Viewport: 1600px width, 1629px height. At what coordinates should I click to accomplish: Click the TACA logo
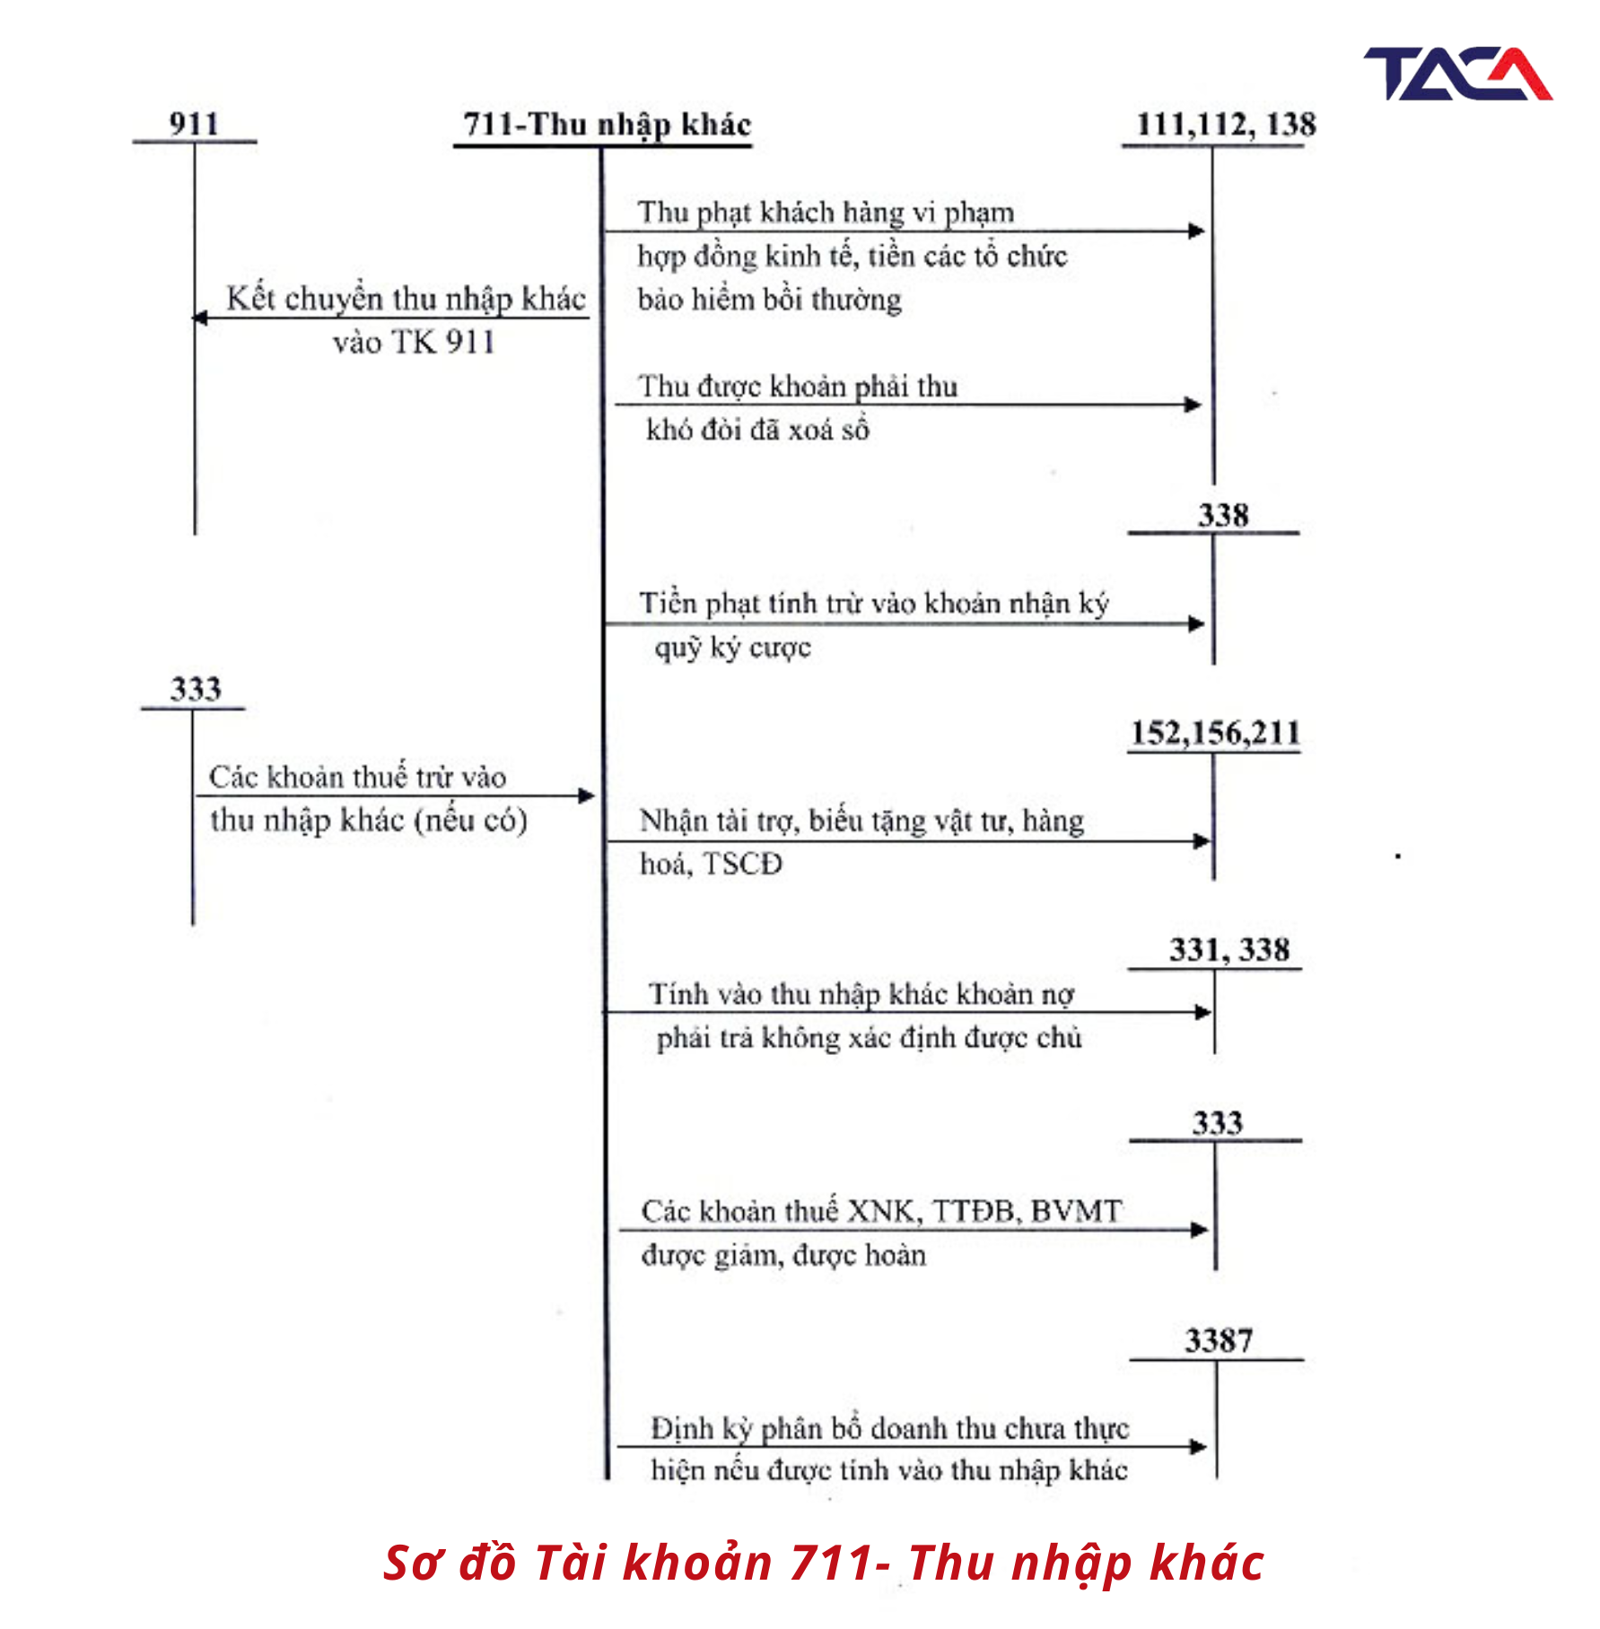pyautogui.click(x=1457, y=74)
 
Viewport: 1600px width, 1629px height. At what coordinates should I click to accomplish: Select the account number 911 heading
pyautogui.click(x=194, y=123)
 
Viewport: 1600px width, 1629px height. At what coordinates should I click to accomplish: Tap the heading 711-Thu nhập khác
pyautogui.click(x=607, y=125)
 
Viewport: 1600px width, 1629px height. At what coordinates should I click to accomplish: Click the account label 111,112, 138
pyautogui.click(x=1226, y=125)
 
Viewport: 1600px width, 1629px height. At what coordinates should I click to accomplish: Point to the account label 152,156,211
pyautogui.click(x=1215, y=733)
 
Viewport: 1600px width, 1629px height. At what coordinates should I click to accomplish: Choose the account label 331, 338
pyautogui.click(x=1228, y=950)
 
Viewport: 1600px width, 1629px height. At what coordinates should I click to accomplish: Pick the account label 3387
pyautogui.click(x=1218, y=1341)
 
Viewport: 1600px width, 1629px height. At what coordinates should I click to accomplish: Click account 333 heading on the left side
pyautogui.click(x=196, y=689)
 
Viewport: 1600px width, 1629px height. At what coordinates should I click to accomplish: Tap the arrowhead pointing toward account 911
pyautogui.click(x=200, y=318)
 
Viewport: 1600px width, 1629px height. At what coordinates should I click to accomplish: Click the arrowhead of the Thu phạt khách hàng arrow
pyautogui.click(x=1197, y=231)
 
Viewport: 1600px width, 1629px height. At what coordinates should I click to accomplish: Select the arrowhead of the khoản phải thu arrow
pyautogui.click(x=1193, y=405)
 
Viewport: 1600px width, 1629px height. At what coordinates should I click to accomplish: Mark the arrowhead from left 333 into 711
pyautogui.click(x=587, y=796)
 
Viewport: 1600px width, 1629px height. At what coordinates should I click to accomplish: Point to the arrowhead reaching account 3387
pyautogui.click(x=1199, y=1447)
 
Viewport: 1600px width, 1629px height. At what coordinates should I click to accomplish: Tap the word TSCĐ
pyautogui.click(x=743, y=864)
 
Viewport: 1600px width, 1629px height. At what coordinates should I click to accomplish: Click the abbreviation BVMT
pyautogui.click(x=1076, y=1211)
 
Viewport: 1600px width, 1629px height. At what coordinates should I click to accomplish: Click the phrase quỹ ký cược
pyautogui.click(x=732, y=648)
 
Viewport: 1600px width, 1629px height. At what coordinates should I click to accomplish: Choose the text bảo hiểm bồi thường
pyautogui.click(x=770, y=300)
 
